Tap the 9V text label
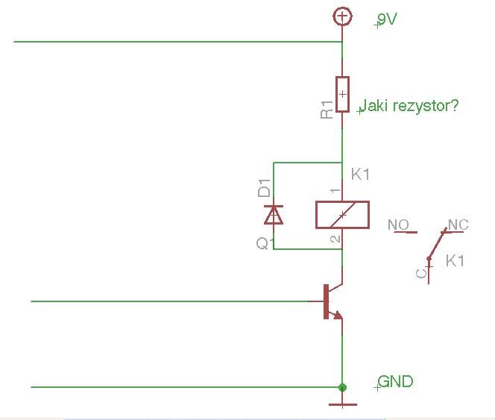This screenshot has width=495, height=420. (x=387, y=19)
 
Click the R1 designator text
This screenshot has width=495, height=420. (x=327, y=110)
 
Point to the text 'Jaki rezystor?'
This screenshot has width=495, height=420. (x=409, y=106)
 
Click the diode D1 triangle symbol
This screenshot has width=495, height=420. (x=274, y=215)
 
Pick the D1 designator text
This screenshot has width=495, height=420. (x=264, y=188)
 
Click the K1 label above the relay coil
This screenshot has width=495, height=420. (x=360, y=174)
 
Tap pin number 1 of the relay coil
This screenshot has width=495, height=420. (x=335, y=191)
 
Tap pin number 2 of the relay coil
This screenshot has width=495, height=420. (x=335, y=239)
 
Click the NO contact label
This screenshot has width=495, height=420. (x=398, y=225)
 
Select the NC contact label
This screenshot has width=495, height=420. (x=458, y=225)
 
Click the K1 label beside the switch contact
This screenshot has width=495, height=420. (x=455, y=261)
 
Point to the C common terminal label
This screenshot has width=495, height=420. (x=421, y=273)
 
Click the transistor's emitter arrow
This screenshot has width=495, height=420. (x=337, y=315)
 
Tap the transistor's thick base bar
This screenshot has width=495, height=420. (x=326, y=301)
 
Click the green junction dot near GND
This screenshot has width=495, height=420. (x=342, y=387)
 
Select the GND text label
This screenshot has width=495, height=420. (x=395, y=381)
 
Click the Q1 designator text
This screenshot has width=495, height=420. (x=262, y=243)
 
